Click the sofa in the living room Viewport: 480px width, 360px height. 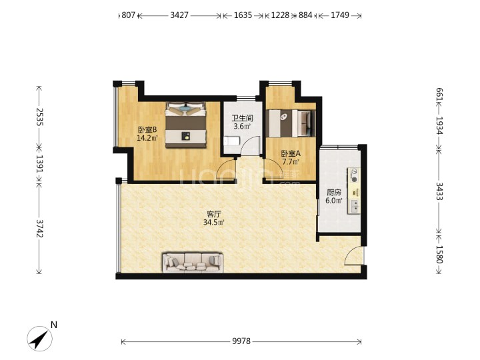coord(193,263)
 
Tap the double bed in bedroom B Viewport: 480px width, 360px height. coord(186,125)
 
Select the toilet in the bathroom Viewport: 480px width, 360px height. coord(230,141)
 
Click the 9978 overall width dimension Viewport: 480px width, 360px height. coord(241,341)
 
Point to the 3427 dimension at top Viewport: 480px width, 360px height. coord(179,15)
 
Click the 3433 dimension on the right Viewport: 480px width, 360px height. coord(439,191)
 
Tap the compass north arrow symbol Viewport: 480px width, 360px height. coord(39,339)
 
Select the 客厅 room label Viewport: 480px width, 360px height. coord(214,214)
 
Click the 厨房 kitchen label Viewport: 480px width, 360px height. coord(334,193)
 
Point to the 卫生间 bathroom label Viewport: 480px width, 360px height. coord(243,118)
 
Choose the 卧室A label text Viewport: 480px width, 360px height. coord(291,154)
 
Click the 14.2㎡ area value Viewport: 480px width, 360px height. coord(147,138)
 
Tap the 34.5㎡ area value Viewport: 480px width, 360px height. coord(214,223)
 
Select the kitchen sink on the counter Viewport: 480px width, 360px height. coord(355,206)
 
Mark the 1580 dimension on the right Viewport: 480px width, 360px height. coord(439,255)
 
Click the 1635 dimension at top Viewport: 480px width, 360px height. coord(243,15)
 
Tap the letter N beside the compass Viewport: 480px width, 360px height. coord(54,325)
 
